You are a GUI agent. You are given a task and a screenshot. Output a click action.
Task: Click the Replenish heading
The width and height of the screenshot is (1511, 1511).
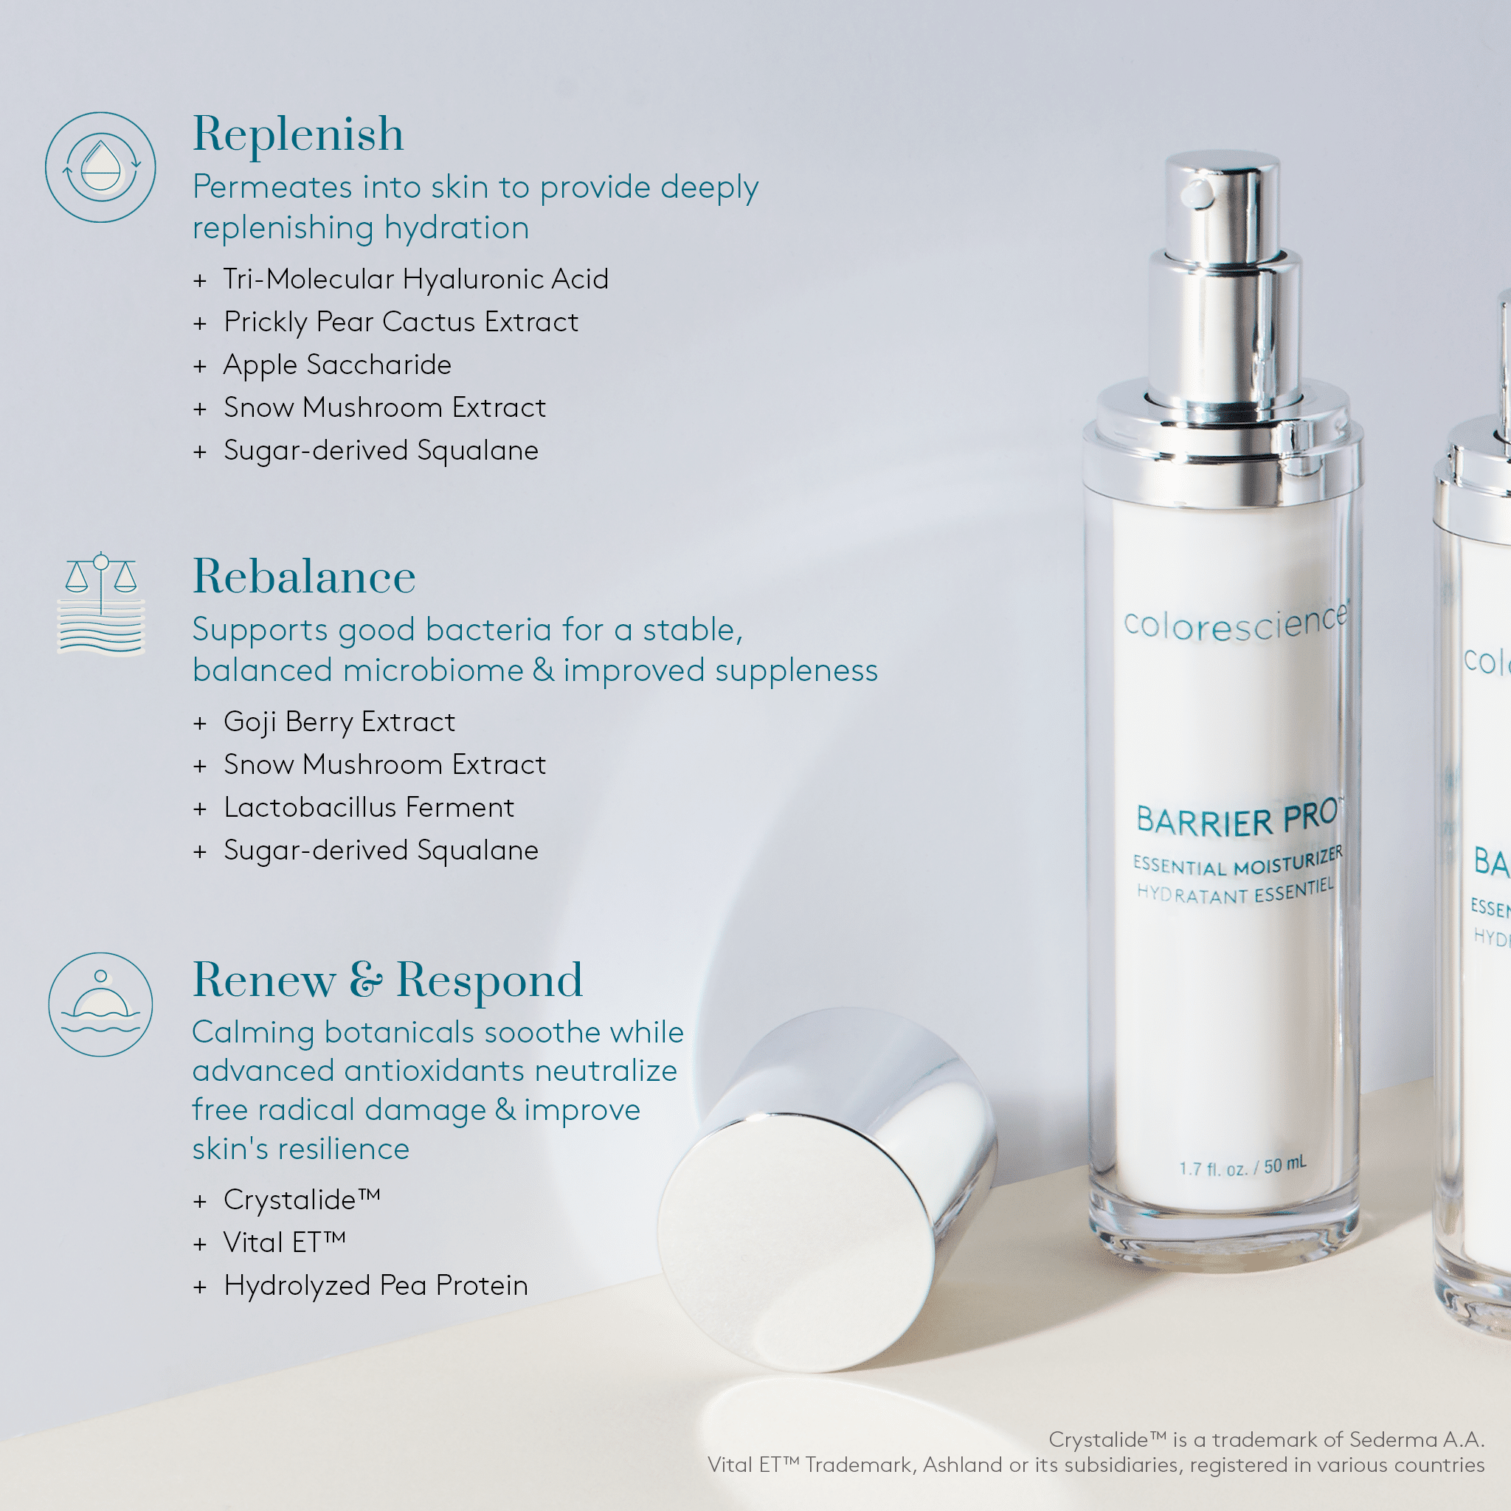(298, 134)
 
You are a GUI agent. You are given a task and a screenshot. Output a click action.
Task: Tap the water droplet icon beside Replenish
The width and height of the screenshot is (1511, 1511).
(100, 167)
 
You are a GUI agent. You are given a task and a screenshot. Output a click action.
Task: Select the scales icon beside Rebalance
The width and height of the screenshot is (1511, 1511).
(101, 603)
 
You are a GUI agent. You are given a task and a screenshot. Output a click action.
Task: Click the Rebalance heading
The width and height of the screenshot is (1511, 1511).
(303, 577)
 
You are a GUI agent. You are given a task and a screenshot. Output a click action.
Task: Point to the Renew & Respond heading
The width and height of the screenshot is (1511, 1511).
(387, 980)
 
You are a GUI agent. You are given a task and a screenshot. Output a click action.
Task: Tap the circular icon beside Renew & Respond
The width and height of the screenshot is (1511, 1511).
(100, 1004)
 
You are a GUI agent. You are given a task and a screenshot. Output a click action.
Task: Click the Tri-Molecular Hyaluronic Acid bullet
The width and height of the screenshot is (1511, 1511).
(415, 279)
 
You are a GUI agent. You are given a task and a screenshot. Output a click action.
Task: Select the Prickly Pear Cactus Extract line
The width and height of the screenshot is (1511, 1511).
(401, 322)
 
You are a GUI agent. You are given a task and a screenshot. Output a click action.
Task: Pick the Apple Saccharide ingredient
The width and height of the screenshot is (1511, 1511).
(337, 365)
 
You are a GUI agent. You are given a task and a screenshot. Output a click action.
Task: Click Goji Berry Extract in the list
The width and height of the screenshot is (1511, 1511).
(339, 722)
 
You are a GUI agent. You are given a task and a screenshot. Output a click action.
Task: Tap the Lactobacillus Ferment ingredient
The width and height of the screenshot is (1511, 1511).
(368, 807)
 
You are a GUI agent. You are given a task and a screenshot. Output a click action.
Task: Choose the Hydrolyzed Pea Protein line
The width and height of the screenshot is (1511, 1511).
(376, 1285)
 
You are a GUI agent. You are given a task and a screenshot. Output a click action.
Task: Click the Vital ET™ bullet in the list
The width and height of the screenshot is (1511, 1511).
(284, 1242)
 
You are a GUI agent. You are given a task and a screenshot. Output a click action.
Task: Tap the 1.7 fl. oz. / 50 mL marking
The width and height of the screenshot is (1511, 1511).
(1242, 1167)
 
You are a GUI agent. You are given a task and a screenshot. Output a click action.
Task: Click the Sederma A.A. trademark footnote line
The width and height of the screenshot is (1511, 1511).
(1265, 1439)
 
